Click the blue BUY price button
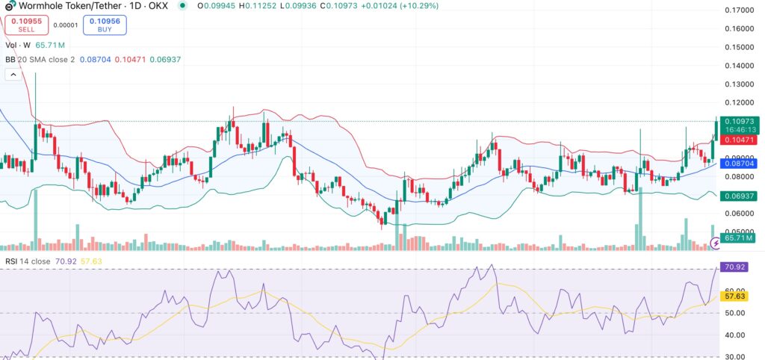coord(104,25)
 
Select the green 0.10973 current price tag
coord(740,121)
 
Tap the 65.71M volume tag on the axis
coord(738,238)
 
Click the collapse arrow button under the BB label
coord(13,74)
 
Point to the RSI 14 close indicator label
coord(30,261)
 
